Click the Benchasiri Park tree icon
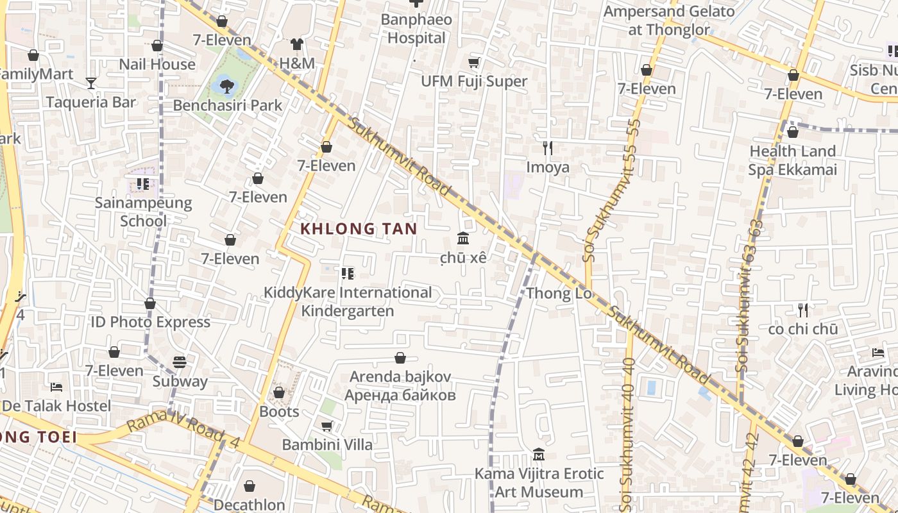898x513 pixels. pyautogui.click(x=226, y=84)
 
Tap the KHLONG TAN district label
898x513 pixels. pyautogui.click(x=359, y=229)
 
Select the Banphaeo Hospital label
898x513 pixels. pyautogui.click(x=416, y=29)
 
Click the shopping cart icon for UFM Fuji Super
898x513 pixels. pyautogui.click(x=474, y=62)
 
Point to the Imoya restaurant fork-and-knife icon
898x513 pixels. pyautogui.click(x=547, y=148)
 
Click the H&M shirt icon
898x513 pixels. pyautogui.click(x=296, y=44)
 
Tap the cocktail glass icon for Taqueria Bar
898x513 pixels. pyautogui.click(x=91, y=83)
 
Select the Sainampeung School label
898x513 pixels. pyautogui.click(x=144, y=212)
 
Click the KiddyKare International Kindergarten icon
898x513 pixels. pyautogui.click(x=348, y=274)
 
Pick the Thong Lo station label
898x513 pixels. pyautogui.click(x=558, y=294)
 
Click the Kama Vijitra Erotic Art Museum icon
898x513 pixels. pyautogui.click(x=539, y=455)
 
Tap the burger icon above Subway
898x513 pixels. pyautogui.click(x=180, y=362)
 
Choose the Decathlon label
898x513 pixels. pyautogui.click(x=249, y=505)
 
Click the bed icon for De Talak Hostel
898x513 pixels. pyautogui.click(x=56, y=387)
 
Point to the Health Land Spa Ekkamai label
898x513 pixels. pyautogui.click(x=793, y=160)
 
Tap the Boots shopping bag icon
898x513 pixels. pyautogui.click(x=279, y=392)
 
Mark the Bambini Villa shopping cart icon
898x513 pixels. pyautogui.click(x=326, y=426)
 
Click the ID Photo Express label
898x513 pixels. pyautogui.click(x=150, y=322)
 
